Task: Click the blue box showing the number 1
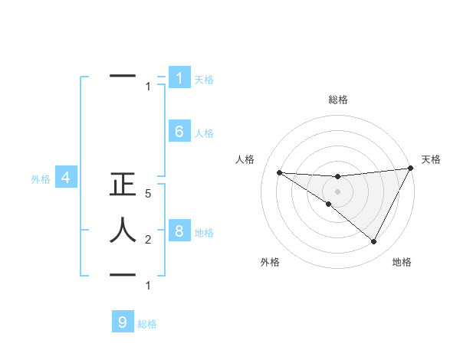point(179,78)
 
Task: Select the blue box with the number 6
point(179,132)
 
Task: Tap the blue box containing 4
point(66,178)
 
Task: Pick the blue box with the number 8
point(179,231)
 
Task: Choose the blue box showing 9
point(123,322)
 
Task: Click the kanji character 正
point(123,186)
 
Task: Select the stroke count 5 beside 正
point(149,195)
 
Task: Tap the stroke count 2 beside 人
point(149,240)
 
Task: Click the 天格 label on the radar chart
point(431,159)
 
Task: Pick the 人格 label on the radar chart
point(245,159)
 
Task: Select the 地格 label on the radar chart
point(402,262)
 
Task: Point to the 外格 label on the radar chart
point(270,262)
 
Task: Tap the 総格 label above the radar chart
point(338,100)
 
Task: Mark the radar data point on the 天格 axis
point(411,169)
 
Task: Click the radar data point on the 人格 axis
point(279,172)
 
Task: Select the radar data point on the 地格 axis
point(374,242)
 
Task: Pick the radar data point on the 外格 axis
point(328,205)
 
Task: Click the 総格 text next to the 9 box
point(147,324)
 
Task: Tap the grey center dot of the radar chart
point(337,191)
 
